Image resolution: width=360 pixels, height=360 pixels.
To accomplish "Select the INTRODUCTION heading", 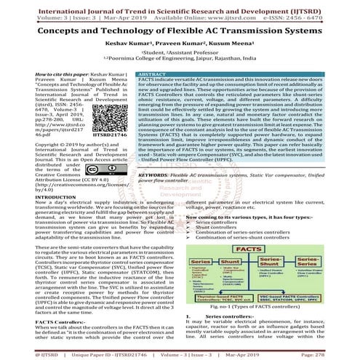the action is click(x=33, y=216).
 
